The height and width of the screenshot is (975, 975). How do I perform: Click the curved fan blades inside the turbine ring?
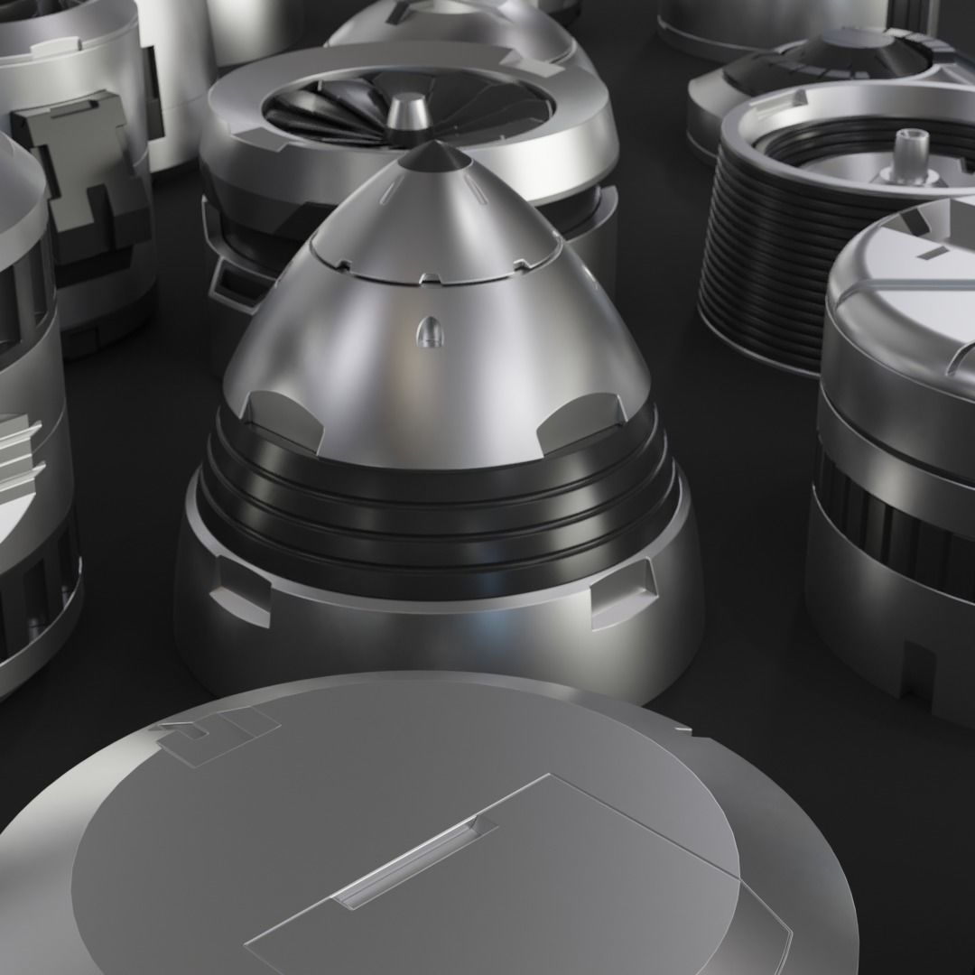click(x=325, y=117)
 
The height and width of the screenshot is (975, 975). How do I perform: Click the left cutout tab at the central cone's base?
click(x=282, y=421)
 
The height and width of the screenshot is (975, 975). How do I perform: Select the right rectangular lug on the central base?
click(x=623, y=591)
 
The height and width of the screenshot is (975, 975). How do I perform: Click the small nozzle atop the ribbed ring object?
click(x=905, y=153)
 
